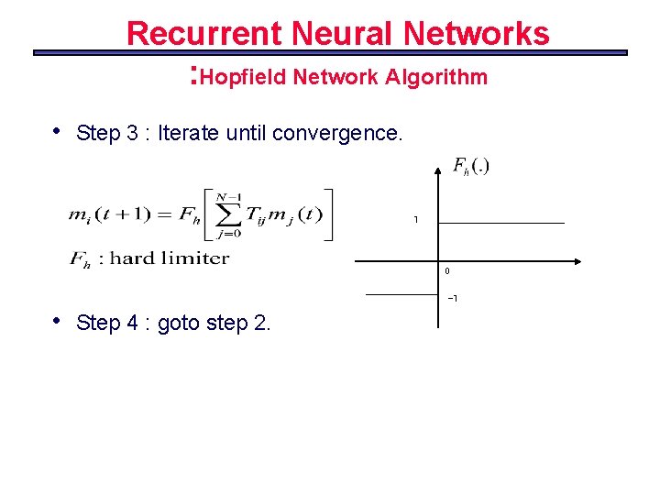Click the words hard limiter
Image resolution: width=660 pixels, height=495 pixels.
[x=169, y=258]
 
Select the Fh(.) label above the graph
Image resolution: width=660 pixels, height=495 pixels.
[x=471, y=166]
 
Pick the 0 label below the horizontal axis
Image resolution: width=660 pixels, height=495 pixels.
[x=447, y=271]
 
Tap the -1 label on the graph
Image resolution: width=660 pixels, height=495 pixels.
[x=452, y=299]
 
